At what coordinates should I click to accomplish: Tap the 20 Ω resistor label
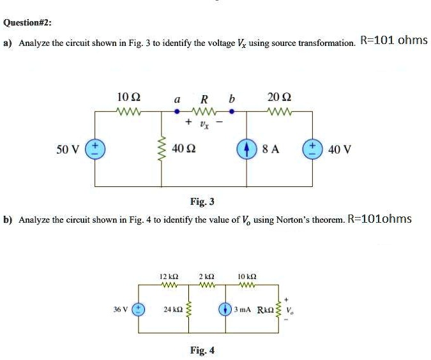pos(278,98)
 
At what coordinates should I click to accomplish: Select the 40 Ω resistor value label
pos(183,149)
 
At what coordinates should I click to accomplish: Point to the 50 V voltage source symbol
pos(95,149)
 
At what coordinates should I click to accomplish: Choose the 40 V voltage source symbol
pos(314,149)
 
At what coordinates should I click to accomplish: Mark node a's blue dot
pos(178,111)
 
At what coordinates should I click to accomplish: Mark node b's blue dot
pos(232,111)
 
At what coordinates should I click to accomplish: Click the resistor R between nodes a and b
pos(204,111)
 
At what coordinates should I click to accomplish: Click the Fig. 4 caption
pos(202,350)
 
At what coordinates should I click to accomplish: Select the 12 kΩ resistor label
pos(169,276)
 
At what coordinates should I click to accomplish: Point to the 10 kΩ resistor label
pos(246,276)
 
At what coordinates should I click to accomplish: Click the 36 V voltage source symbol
pos(139,309)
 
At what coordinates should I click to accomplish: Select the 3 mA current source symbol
pos(225,309)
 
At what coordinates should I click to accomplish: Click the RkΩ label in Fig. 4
pos(265,310)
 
